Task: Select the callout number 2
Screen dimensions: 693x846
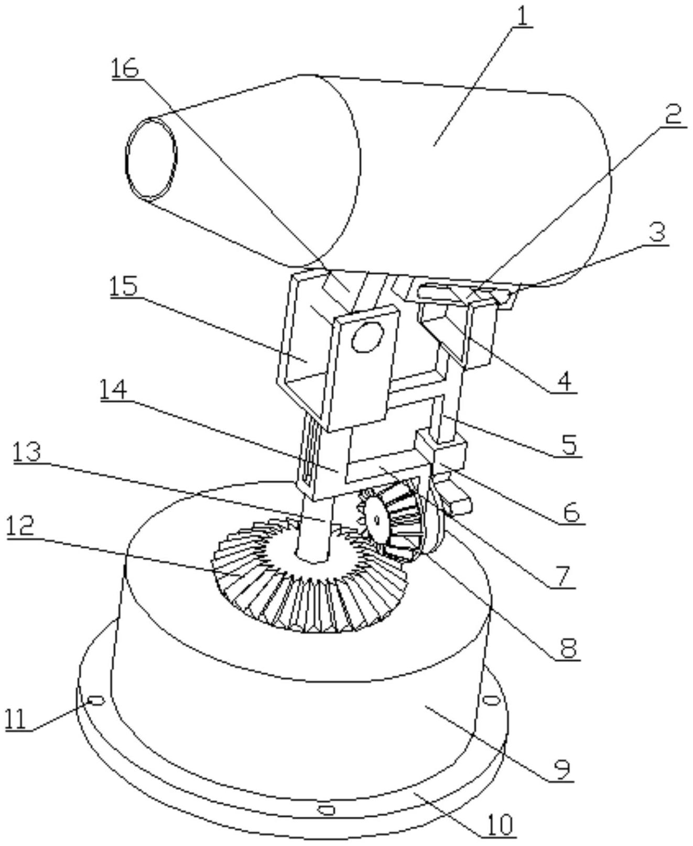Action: point(674,117)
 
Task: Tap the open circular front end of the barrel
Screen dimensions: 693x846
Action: point(151,159)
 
